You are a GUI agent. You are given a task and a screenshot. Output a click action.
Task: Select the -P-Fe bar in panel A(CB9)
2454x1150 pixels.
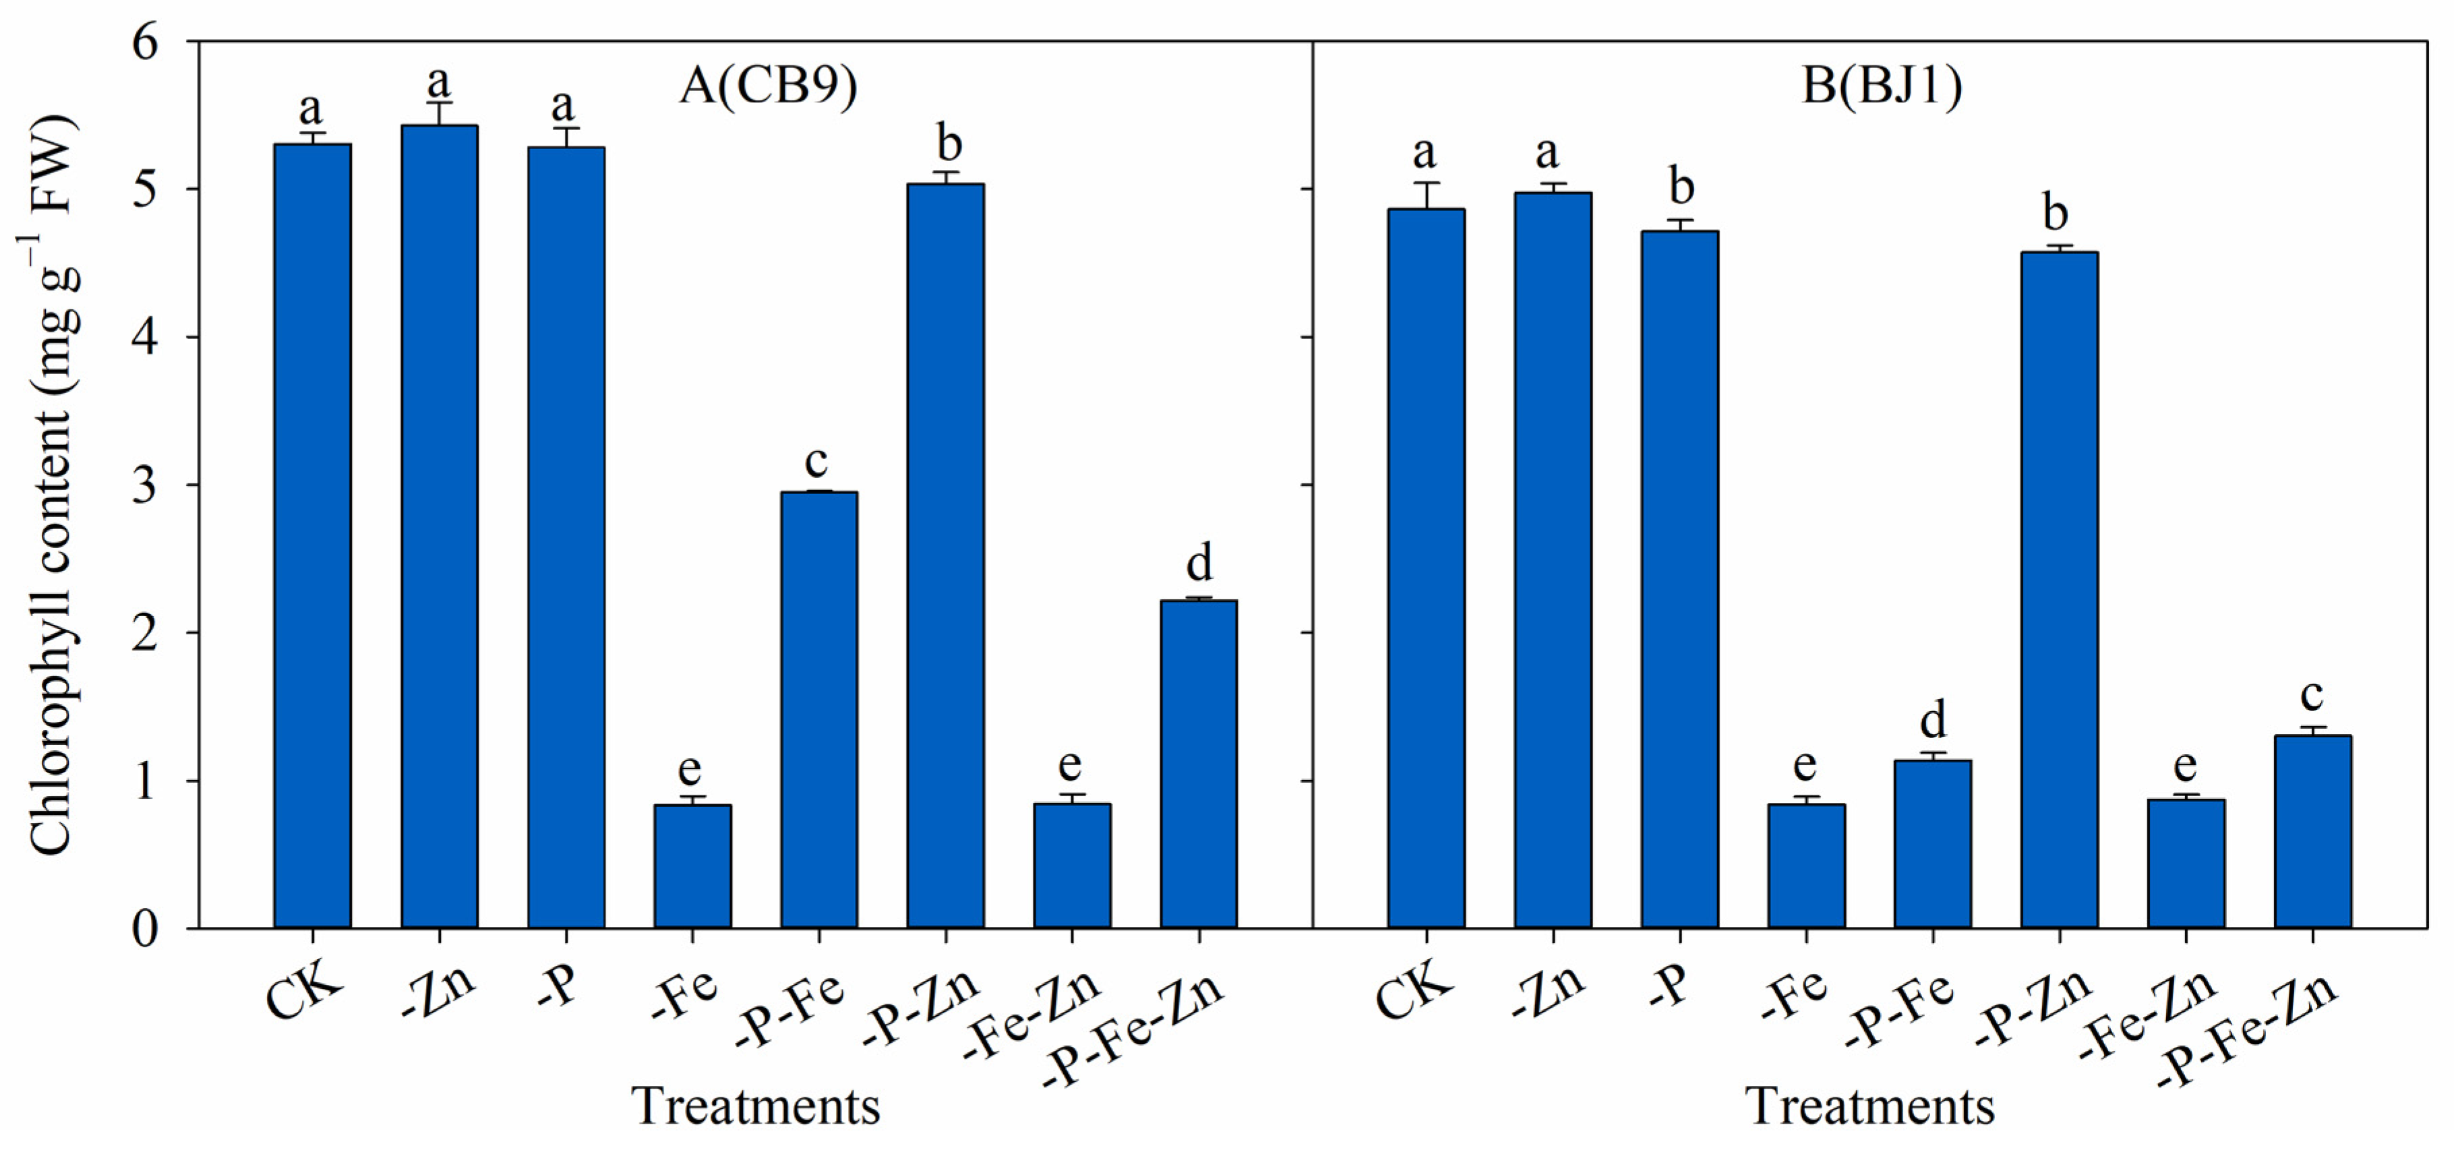818,710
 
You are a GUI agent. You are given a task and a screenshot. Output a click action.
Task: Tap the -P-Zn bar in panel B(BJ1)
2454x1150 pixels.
2059,590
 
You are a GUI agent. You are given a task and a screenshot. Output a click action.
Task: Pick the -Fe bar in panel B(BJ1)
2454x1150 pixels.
1806,866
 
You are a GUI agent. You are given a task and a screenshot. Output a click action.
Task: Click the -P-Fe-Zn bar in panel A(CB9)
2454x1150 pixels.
1199,763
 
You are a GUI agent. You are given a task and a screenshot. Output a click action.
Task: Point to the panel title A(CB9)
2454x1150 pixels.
769,86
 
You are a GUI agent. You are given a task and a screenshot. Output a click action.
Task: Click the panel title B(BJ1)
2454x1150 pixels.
1882,86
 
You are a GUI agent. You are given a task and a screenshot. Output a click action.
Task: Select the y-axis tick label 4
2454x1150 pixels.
146,337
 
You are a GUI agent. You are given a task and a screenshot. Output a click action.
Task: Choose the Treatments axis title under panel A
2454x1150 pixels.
756,1106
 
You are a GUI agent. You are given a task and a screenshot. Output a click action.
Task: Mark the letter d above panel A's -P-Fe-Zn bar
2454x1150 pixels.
1199,562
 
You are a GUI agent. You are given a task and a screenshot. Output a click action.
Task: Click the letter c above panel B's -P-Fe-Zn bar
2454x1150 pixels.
2312,694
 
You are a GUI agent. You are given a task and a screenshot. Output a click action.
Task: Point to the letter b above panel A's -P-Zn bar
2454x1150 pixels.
949,144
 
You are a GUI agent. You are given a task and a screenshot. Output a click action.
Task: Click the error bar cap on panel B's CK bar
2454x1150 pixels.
1426,183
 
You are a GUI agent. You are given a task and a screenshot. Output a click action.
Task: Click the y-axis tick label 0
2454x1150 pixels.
146,929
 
